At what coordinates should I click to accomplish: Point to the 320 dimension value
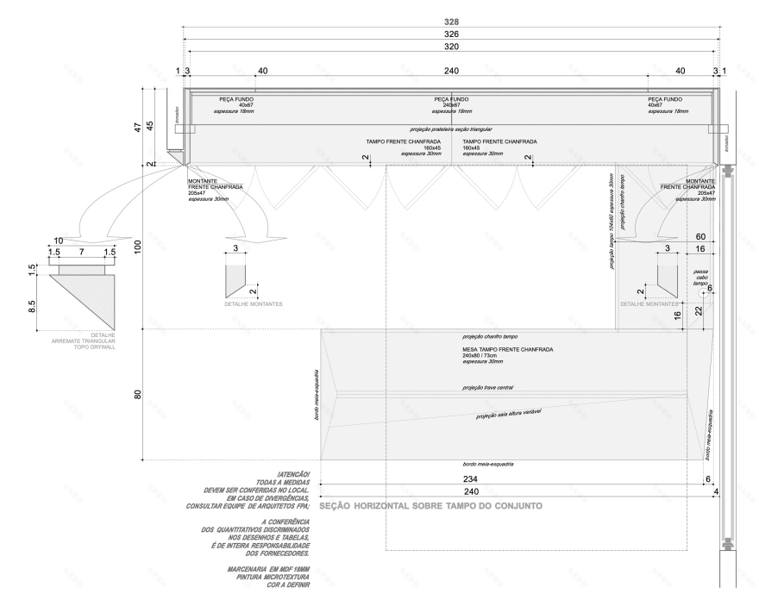point(451,47)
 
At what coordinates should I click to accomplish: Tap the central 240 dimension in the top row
point(451,71)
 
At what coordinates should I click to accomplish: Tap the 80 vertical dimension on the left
point(135,396)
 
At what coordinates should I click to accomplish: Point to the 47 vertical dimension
point(135,127)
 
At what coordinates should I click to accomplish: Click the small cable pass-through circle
point(705,292)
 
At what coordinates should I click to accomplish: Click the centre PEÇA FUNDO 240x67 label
point(451,104)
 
